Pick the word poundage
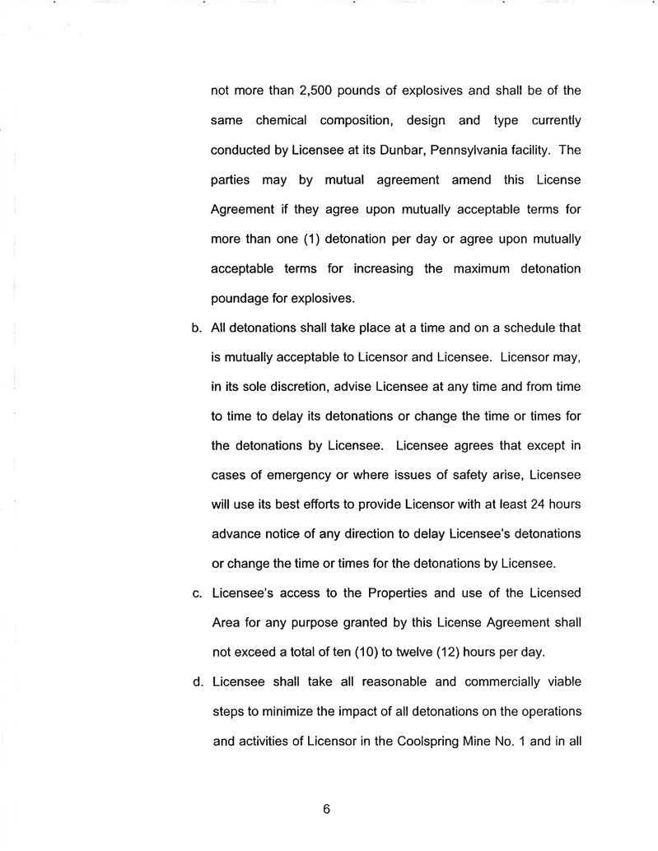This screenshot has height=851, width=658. tap(243, 298)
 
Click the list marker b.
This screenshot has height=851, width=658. tap(197, 328)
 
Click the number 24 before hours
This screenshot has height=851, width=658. tap(509, 504)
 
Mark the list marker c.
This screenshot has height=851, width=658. tap(197, 593)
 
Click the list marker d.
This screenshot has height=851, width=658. tap(197, 681)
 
